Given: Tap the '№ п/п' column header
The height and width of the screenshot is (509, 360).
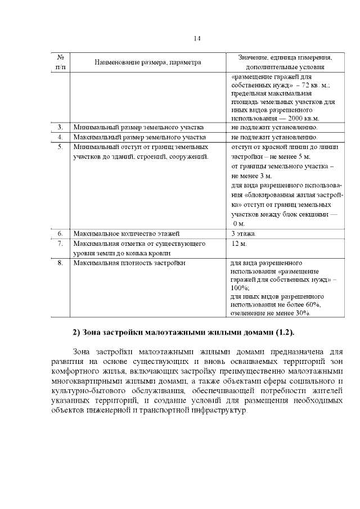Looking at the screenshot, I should coord(60,62).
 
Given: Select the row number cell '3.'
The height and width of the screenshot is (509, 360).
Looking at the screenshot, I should coord(60,127).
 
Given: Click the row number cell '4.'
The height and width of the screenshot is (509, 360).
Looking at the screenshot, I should coord(60,137).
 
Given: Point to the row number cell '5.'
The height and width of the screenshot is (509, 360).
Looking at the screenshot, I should coord(60,147).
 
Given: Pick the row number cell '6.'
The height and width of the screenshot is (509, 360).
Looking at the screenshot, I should coord(60,233).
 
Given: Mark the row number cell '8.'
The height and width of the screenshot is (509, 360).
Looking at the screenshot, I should coord(60,263).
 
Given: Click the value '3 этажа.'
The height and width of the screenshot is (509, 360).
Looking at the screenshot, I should coord(244,233).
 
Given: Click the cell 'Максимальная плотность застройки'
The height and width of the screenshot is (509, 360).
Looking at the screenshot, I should coord(129,263).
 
